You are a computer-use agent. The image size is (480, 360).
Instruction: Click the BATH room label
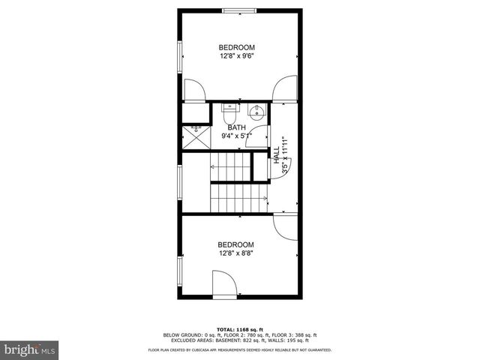point(237,127)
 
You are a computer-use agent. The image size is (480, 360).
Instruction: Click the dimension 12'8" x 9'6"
point(237,56)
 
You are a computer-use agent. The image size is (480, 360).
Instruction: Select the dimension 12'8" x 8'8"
point(236,253)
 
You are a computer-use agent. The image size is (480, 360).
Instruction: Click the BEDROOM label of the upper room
point(237,47)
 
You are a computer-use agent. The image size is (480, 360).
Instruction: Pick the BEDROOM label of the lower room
point(236,244)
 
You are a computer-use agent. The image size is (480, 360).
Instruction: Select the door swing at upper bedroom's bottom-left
point(193,90)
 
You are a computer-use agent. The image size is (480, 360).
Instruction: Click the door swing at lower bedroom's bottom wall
point(224,286)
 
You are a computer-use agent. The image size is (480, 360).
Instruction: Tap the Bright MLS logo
point(30,349)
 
